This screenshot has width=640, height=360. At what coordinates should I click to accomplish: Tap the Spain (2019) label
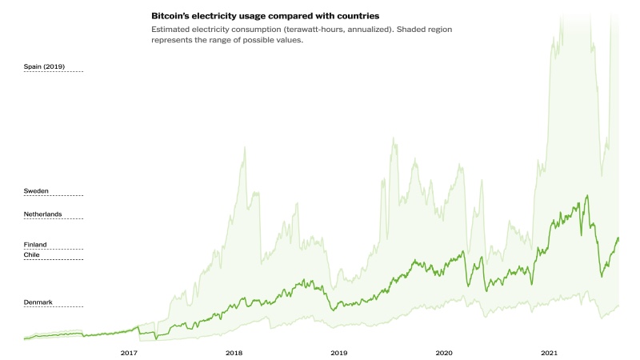pyautogui.click(x=42, y=66)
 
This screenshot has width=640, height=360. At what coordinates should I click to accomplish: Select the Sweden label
pyautogui.click(x=36, y=190)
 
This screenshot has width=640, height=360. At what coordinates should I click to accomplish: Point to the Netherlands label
pyautogui.click(x=42, y=214)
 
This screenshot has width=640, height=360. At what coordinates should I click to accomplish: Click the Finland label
pyautogui.click(x=35, y=244)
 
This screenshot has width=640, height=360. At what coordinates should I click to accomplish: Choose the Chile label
pyautogui.click(x=32, y=254)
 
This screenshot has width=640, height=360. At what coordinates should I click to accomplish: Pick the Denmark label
pyautogui.click(x=38, y=302)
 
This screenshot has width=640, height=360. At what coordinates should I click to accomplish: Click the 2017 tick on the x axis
pyautogui.click(x=129, y=352)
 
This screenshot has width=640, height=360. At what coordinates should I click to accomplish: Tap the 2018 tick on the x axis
pyautogui.click(x=234, y=352)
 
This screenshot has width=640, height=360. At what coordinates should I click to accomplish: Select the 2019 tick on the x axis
pyautogui.click(x=338, y=352)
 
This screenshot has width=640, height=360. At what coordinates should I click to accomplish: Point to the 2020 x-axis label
pyautogui.click(x=444, y=352)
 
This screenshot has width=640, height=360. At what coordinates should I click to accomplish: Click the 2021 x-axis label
pyautogui.click(x=549, y=352)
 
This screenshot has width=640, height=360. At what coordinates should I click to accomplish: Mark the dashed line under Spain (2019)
pyautogui.click(x=53, y=72)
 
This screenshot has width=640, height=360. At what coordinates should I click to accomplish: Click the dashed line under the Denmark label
pyautogui.click(x=53, y=307)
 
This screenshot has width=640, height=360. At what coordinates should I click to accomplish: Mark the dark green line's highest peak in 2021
pyautogui.click(x=588, y=194)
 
